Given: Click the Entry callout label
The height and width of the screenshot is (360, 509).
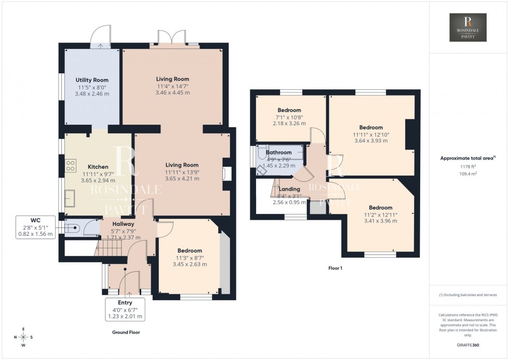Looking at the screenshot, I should coord(125,302).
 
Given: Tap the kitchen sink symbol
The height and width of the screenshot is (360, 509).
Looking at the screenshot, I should coord(69,197).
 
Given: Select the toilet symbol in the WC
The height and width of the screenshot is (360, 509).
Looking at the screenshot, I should coord(72,226).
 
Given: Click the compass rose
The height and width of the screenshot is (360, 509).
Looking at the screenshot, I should coord(23,337).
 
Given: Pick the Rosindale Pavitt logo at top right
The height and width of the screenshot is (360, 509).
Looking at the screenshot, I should coord(468,28).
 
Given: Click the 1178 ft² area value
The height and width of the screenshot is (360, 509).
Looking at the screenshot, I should coord(468,167).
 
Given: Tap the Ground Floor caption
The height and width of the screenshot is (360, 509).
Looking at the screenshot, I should coord(126,332).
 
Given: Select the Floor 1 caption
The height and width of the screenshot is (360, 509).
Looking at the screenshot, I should coord(334,269).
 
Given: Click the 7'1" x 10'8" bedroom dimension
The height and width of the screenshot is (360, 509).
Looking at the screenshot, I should coord(289,117).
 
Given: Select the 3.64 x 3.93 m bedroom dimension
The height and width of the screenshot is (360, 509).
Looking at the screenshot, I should coord(370,140).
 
